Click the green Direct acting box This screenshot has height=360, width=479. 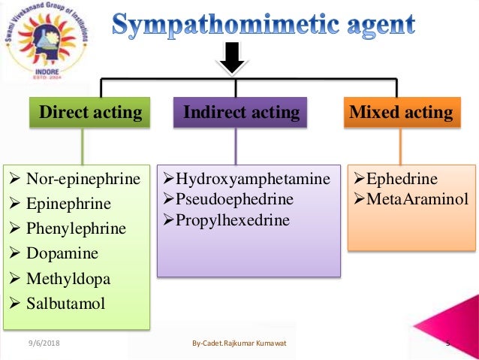[90, 113]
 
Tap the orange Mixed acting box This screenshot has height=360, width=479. [401, 113]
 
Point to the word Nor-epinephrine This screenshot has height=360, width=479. [83, 179]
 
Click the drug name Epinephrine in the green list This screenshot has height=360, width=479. [68, 204]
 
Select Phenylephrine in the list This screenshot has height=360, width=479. [76, 228]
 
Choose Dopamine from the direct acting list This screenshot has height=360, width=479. [64, 253]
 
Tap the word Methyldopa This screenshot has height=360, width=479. [68, 279]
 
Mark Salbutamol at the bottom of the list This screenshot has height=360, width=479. [66, 304]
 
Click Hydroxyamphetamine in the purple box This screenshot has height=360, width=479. [252, 179]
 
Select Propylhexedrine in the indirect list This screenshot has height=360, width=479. [231, 220]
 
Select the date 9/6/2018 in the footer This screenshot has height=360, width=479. [44, 343]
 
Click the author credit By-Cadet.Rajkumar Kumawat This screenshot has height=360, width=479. [239, 343]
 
